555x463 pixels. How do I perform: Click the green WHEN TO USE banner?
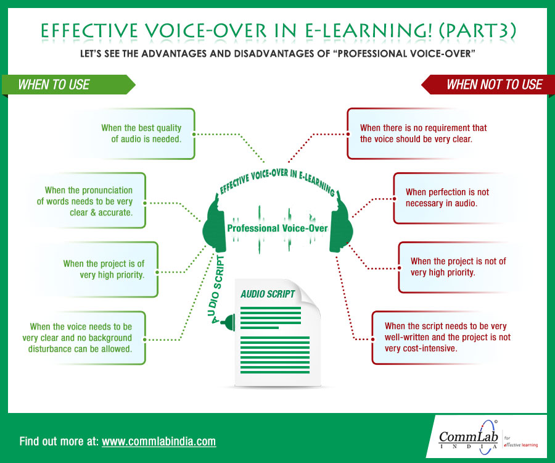68,85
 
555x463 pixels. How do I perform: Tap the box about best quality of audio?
132,133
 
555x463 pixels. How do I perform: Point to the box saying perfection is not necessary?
448,198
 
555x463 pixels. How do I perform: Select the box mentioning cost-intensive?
442,338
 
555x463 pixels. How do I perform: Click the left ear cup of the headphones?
214,227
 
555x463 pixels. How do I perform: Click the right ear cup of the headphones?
341,227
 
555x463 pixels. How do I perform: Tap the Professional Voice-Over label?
277,228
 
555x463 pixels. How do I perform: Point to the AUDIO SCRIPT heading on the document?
268,294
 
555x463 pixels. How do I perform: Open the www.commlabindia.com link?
158,441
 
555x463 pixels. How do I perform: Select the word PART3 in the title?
478,31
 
